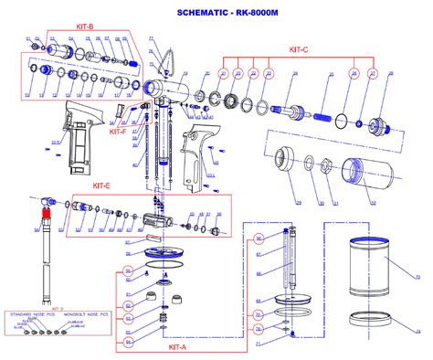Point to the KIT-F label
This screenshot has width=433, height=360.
[119, 132]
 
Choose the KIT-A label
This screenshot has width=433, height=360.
[179, 347]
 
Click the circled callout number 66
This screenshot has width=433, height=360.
[259, 239]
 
